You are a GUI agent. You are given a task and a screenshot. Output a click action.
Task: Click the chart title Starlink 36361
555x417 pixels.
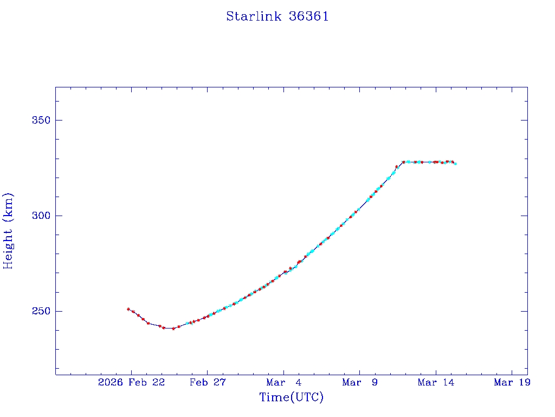tap(277, 17)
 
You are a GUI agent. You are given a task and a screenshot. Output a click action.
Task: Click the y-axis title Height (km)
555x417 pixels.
tap(8, 231)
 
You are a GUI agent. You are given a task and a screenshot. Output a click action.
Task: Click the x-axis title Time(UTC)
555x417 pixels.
tap(292, 397)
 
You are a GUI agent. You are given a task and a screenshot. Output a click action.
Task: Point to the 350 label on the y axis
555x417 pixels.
tap(40, 120)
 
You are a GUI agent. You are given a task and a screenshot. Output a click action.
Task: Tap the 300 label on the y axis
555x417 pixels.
tap(40, 216)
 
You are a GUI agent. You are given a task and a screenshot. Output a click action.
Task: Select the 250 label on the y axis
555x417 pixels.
tap(40, 311)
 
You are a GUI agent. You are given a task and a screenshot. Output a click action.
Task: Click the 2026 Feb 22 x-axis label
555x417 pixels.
tap(131, 383)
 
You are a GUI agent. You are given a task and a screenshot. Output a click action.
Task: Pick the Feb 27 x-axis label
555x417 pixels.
tap(208, 383)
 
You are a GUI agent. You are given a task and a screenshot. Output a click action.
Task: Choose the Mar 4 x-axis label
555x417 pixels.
tap(284, 383)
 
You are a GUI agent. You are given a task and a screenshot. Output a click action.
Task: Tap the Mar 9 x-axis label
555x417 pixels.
tap(360, 383)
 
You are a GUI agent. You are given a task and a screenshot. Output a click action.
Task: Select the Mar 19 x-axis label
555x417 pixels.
tap(512, 383)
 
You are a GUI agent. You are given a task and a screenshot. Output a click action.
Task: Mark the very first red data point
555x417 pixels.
tap(128, 309)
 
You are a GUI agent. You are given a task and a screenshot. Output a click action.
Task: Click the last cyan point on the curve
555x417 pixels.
tap(455, 163)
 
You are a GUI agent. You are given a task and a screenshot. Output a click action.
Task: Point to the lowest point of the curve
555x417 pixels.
tap(173, 328)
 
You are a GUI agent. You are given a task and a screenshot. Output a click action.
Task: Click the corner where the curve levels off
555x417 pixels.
tap(403, 162)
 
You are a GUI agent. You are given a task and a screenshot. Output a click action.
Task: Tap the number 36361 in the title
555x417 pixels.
tap(309, 17)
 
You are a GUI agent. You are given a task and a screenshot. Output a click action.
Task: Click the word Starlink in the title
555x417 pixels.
tap(254, 17)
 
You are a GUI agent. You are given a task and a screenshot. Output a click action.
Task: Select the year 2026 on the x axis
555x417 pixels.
tap(111, 383)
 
